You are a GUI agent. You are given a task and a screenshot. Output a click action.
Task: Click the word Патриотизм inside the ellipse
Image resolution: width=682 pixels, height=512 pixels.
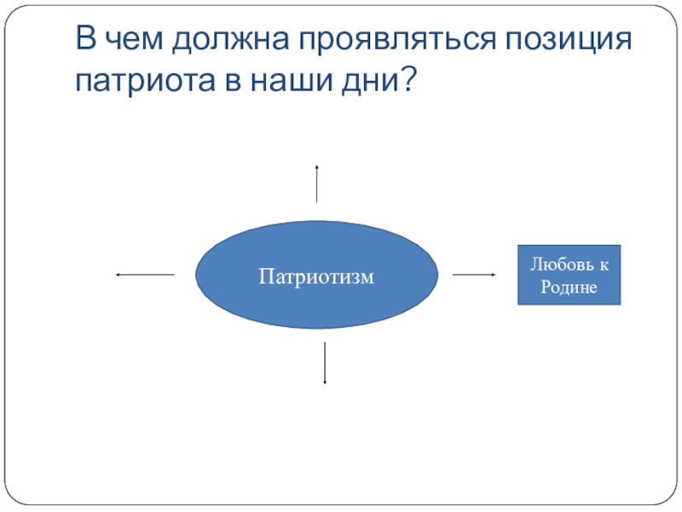click(317, 276)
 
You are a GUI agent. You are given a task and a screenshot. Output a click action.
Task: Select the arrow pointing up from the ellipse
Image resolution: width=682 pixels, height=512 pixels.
click(317, 183)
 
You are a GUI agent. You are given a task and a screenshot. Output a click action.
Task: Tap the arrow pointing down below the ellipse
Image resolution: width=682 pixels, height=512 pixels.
click(325, 363)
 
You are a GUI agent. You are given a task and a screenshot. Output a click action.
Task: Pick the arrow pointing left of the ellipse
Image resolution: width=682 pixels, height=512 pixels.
click(144, 275)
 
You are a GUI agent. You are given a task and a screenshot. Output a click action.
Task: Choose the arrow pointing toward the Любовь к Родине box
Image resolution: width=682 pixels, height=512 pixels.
click(473, 275)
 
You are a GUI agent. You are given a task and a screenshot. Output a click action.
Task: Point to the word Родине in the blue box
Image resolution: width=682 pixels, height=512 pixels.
click(569, 286)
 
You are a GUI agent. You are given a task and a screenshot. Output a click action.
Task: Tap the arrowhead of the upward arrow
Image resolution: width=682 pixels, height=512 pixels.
click(317, 166)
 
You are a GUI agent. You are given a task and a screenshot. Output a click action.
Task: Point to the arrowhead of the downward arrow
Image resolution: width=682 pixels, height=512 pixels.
click(325, 381)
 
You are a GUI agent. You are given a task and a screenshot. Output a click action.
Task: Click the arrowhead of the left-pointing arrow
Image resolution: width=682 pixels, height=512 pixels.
click(118, 275)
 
